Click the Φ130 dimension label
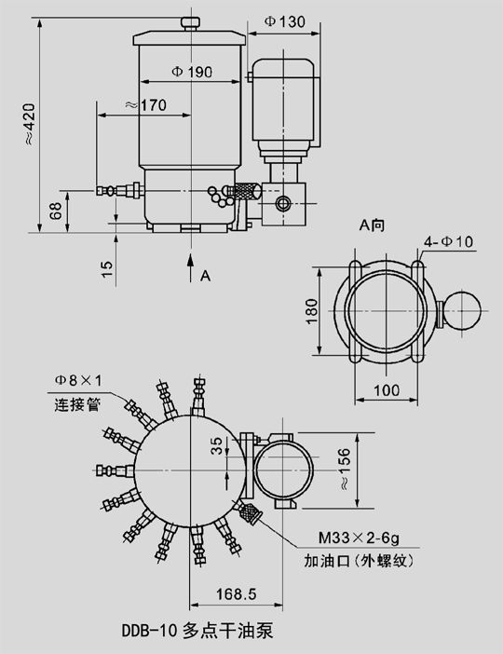[x=285, y=21]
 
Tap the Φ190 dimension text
[x=192, y=72]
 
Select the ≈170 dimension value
[x=145, y=104]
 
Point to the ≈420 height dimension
[x=29, y=124]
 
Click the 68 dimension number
[x=56, y=211]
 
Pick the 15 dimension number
[x=107, y=269]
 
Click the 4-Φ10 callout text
[x=449, y=241]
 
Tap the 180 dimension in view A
[x=311, y=311]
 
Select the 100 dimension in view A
[x=387, y=390]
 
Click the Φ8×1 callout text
[x=78, y=380]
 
